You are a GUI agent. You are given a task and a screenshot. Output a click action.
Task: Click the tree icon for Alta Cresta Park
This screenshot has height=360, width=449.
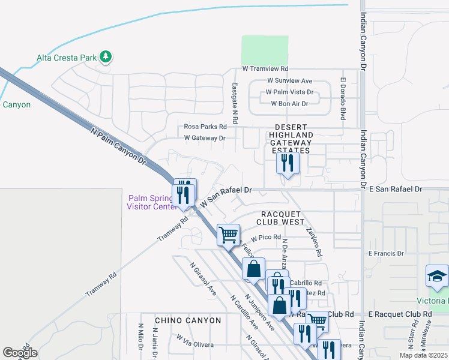click(107, 57)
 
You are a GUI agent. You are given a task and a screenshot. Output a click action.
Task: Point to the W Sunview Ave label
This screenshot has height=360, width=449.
click(290, 81)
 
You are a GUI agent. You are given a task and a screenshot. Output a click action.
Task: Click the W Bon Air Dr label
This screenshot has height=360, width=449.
click(289, 104)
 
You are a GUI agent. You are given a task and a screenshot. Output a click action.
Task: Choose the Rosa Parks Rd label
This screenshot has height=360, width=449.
click(205, 127)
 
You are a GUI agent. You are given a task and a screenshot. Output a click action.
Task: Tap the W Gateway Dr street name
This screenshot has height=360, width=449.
click(205, 138)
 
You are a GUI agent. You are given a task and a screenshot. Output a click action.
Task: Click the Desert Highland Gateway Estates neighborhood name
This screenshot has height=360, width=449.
click(291, 139)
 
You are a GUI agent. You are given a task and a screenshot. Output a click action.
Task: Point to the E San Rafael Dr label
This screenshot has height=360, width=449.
click(395, 189)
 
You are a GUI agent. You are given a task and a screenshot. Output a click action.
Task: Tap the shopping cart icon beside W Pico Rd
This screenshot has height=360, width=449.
click(228, 235)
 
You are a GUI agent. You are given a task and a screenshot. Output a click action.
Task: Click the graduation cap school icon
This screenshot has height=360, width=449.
click(437, 276)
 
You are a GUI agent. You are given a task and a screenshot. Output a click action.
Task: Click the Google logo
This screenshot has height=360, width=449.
click(20, 353)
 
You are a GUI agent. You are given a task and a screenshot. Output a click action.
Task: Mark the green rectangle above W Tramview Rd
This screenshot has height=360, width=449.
click(265, 50)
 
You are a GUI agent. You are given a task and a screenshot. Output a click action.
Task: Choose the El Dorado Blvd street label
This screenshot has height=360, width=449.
click(344, 99)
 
